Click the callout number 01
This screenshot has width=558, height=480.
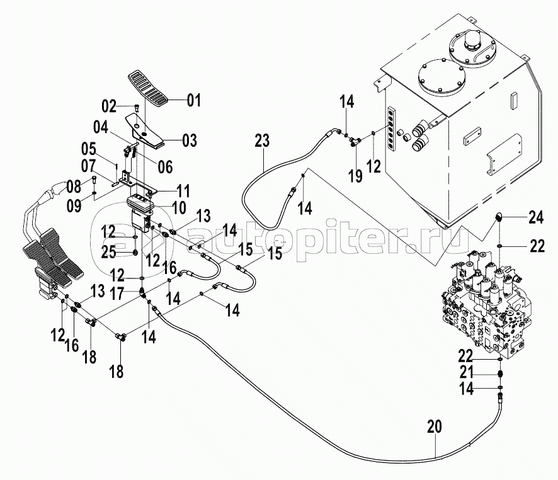pos(193,100)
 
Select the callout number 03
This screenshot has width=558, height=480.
pos(190,139)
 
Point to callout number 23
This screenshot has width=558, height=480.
pos(263,140)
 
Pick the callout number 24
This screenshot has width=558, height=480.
pos(536,219)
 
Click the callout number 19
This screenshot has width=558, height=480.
pos(356,176)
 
